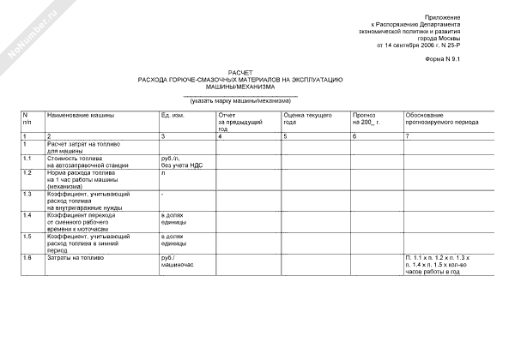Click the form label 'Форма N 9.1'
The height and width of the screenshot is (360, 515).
[x=466, y=60]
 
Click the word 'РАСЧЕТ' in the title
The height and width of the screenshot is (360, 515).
[x=240, y=73]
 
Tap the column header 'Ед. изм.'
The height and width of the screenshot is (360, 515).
[x=173, y=114]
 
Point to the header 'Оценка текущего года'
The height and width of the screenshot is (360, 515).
[x=295, y=118]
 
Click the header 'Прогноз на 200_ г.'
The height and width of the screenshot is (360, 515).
[x=366, y=118]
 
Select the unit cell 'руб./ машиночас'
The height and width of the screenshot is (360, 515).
[x=177, y=261]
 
